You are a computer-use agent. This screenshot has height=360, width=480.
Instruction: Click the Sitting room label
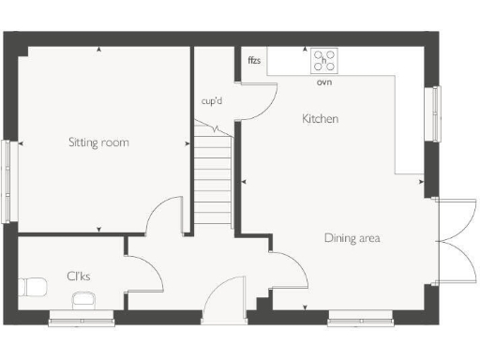click(x=98, y=142)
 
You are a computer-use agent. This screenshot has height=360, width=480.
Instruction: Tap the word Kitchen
click(x=320, y=119)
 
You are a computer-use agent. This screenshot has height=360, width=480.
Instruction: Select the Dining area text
click(x=352, y=238)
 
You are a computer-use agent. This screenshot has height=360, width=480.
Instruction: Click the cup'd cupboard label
click(x=212, y=99)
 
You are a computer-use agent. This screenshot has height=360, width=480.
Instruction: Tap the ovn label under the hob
click(x=324, y=82)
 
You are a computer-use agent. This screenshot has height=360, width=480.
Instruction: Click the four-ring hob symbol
click(x=324, y=62)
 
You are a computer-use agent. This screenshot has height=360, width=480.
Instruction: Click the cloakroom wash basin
click(x=83, y=299)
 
